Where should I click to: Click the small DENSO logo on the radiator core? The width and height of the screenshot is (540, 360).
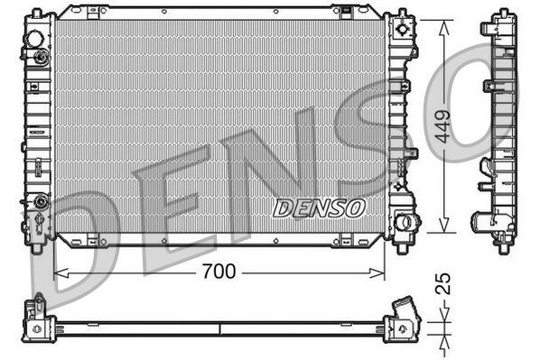(318, 208)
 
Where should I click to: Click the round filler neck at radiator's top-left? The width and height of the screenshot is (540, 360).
(35, 41)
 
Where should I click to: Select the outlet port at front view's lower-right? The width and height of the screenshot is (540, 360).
(406, 221)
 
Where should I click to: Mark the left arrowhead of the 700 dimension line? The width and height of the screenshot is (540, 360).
(60, 271)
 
